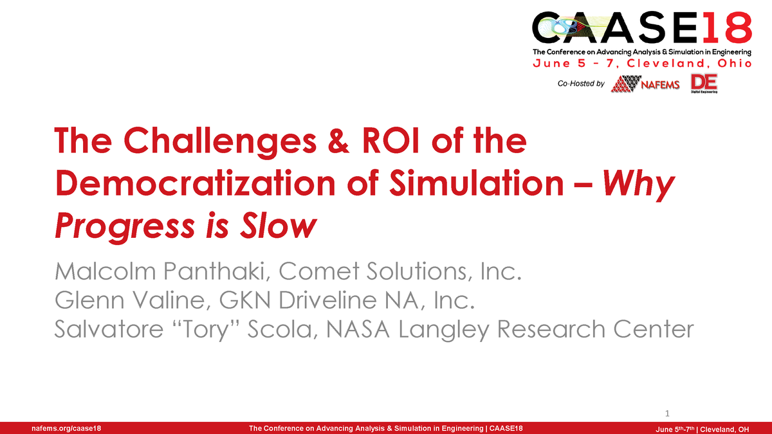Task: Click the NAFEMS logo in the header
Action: click(x=645, y=84)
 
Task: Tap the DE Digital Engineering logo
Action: click(x=704, y=83)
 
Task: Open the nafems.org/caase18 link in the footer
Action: click(x=62, y=428)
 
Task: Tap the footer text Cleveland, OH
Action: click(x=724, y=429)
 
